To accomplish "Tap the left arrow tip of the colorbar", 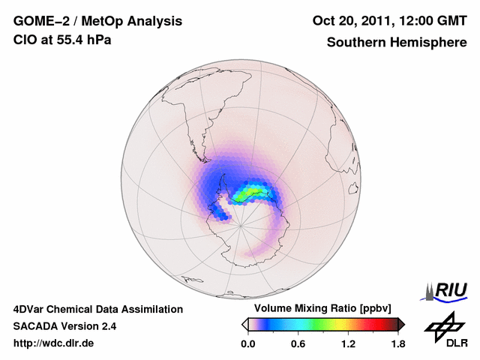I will click(x=244, y=324).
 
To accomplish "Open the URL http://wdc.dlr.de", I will click(x=54, y=343).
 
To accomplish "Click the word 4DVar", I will click(x=30, y=309).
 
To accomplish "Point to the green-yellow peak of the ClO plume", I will click(x=247, y=195).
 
